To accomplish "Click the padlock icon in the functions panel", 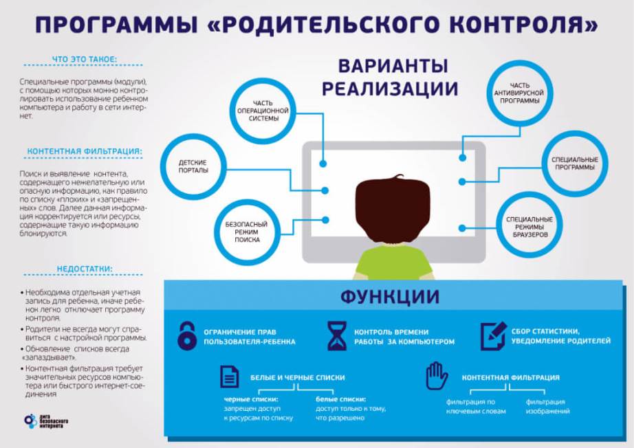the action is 187,336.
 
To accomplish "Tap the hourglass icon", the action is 337,336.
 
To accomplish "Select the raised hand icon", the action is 437,376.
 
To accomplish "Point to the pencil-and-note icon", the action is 493,336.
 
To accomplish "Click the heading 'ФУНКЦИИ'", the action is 390,297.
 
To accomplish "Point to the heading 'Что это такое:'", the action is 84,59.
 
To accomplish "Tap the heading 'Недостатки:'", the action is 85,269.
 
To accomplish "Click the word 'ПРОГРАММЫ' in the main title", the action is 117,24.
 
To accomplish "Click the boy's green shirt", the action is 393,262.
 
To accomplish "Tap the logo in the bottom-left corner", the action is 45,421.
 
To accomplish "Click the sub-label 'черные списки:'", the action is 251,399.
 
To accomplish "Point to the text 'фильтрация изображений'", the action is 547,406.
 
